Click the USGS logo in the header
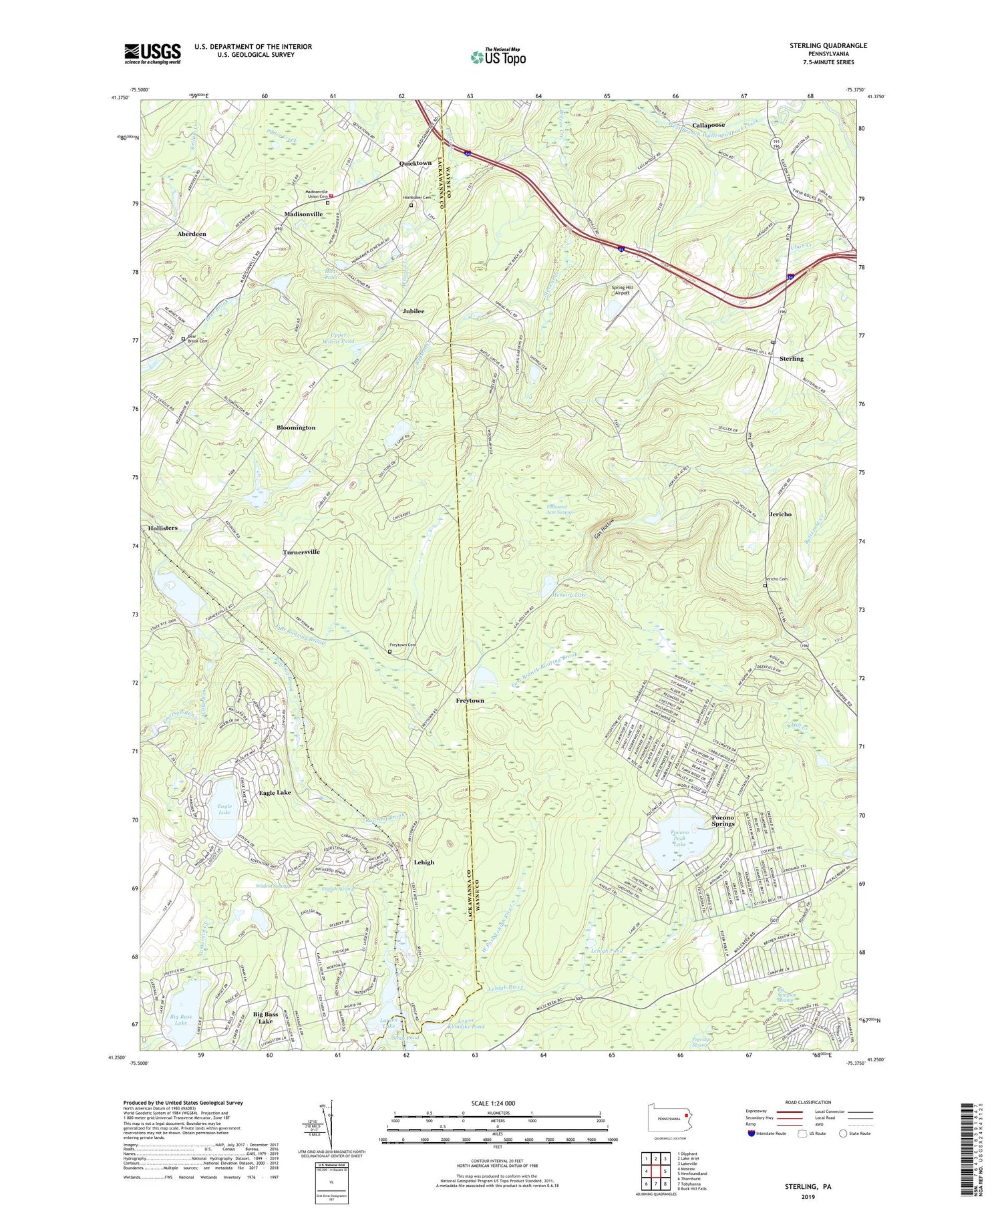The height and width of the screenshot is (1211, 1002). (x=152, y=53)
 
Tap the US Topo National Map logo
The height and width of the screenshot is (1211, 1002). (x=498, y=56)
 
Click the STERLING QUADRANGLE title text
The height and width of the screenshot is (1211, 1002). (x=828, y=45)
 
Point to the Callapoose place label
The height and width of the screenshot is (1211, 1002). (x=708, y=125)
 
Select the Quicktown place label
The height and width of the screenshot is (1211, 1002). (x=415, y=163)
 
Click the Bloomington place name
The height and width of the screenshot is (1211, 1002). (x=296, y=427)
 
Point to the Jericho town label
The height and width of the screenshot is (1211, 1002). (x=780, y=514)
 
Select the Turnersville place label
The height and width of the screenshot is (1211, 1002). (x=301, y=552)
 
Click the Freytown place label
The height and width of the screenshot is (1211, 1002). (x=470, y=700)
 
